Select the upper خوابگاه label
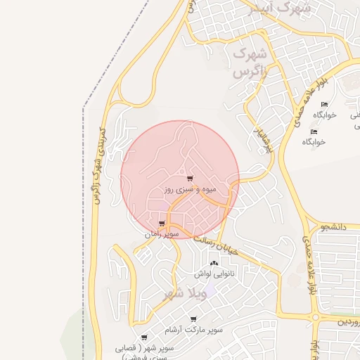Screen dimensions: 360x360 [325, 114]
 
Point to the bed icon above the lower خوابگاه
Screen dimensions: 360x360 [314, 131]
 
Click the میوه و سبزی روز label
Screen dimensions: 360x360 [190, 190]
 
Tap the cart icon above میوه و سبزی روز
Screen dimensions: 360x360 [190, 179]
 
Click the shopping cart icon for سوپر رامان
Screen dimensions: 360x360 [162, 224]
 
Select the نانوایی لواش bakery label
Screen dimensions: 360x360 [214, 273]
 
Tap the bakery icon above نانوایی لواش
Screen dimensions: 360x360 [214, 263]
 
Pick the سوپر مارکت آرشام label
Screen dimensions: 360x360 [193, 329]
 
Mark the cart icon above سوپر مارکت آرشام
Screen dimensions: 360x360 [193, 319]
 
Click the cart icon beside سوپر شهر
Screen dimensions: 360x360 [144, 338]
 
